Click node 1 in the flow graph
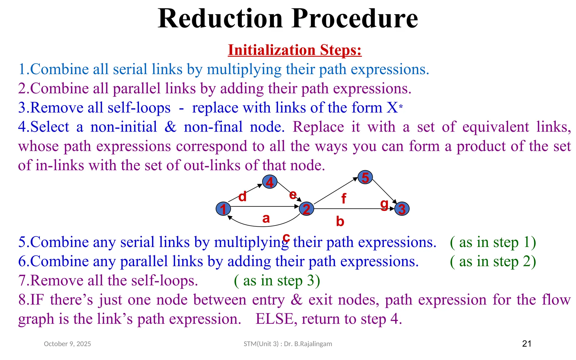click(x=223, y=209)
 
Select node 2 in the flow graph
click(x=306, y=209)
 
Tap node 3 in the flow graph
click(x=402, y=209)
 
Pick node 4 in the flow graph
click(x=270, y=182)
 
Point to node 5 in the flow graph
click(x=365, y=177)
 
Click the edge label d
click(x=242, y=196)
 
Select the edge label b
click(x=340, y=221)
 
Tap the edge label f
click(x=343, y=198)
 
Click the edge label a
click(x=266, y=218)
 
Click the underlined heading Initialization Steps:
click(x=294, y=50)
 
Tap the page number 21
click(x=526, y=343)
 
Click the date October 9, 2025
click(x=67, y=344)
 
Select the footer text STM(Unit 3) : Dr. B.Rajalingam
click(x=288, y=344)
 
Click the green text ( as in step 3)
click(x=277, y=280)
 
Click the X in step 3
click(x=392, y=107)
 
